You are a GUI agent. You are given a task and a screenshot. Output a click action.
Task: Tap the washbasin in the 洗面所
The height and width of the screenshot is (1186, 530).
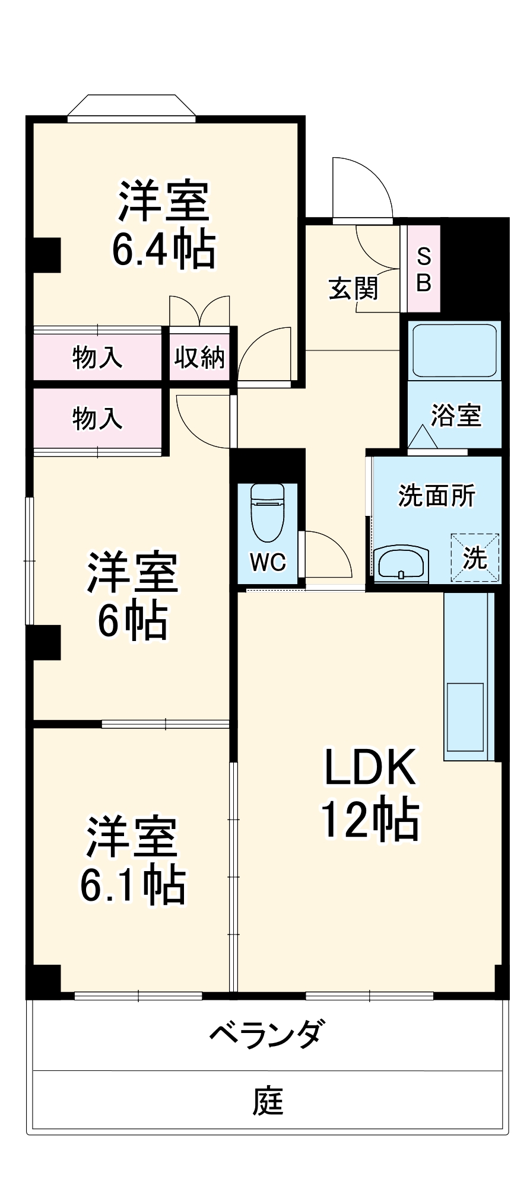tap(401, 563)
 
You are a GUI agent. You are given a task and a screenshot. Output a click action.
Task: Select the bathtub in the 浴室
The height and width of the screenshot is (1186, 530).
tap(454, 350)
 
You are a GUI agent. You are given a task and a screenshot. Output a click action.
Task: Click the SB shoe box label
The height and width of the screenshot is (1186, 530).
tap(424, 270)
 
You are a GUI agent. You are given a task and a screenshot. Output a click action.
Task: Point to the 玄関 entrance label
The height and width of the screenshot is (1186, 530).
tap(353, 289)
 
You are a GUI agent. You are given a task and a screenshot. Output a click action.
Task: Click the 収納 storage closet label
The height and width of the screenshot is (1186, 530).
tap(199, 358)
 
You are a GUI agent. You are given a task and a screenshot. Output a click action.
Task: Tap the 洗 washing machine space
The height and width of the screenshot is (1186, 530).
tap(475, 557)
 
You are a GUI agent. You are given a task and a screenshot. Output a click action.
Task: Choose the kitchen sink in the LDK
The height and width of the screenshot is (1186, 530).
tap(465, 718)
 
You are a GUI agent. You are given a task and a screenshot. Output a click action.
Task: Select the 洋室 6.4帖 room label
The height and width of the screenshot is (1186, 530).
tap(164, 224)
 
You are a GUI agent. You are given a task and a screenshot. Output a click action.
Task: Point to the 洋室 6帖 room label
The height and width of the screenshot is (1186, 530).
tap(132, 596)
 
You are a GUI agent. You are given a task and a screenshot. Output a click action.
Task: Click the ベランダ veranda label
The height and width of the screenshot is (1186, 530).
tap(268, 1034)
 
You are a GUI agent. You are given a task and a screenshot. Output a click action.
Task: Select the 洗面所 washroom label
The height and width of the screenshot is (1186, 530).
tap(436, 496)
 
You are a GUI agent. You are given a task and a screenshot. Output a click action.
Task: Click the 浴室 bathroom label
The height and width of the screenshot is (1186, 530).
tap(456, 415)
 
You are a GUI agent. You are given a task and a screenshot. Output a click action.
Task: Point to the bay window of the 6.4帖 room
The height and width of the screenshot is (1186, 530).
tap(131, 109)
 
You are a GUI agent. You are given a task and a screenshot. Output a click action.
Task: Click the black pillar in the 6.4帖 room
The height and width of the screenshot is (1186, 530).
tap(46, 255)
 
